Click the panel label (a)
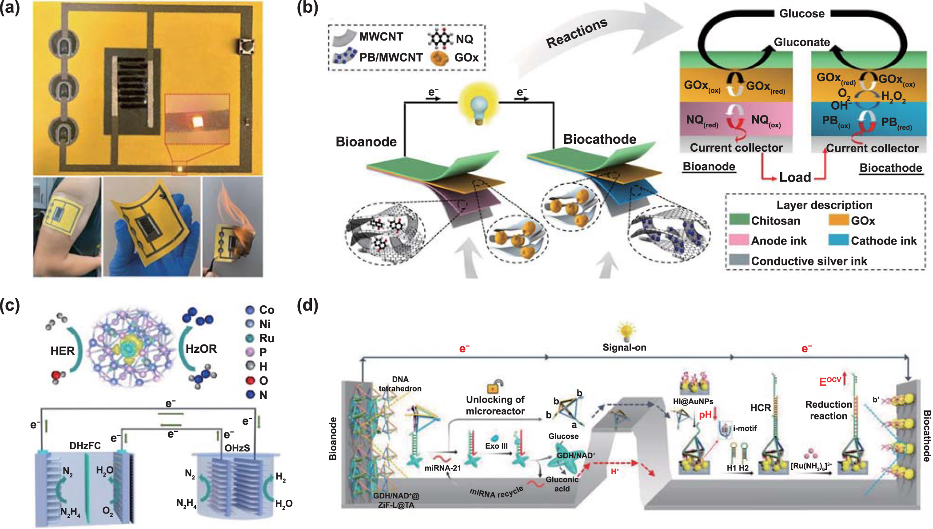click(10, 8)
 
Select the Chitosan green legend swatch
click(739, 220)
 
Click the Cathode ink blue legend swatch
click(838, 240)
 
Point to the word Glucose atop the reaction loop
click(801, 13)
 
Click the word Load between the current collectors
click(795, 178)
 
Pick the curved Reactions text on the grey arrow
click(576, 33)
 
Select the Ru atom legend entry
click(266, 338)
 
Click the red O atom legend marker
click(250, 380)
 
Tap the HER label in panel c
click(62, 351)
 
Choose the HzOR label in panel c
click(201, 349)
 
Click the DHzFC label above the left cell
click(85, 446)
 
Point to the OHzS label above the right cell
click(237, 448)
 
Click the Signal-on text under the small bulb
click(624, 347)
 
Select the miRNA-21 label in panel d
click(443, 468)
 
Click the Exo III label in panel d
click(496, 446)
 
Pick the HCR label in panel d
click(760, 408)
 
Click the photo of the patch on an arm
click(67, 227)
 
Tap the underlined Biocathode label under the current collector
click(890, 168)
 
